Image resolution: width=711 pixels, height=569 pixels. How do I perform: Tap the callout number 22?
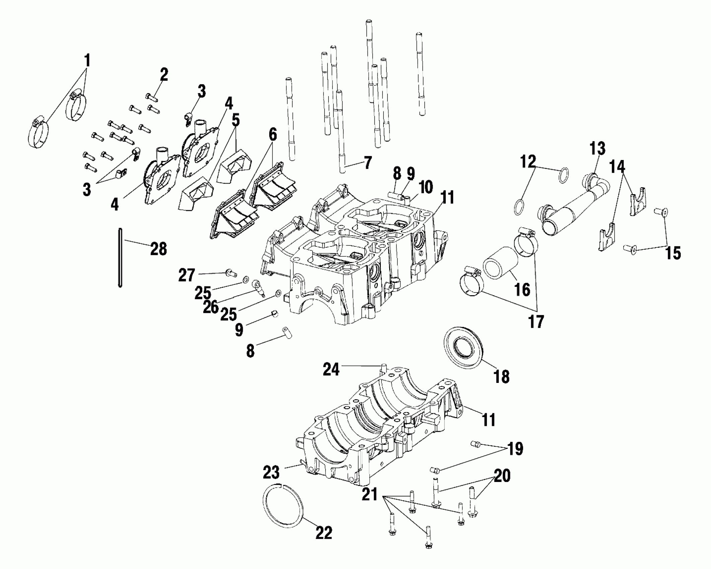[324, 533]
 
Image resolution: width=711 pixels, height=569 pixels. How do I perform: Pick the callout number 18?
[501, 376]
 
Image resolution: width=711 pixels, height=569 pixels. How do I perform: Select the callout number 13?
[597, 149]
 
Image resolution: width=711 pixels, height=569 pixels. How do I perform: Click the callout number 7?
[367, 163]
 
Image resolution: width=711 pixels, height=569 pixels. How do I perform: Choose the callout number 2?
[163, 75]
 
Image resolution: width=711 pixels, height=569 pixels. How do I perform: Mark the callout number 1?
[87, 61]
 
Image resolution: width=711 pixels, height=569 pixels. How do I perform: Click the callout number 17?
[536, 321]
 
